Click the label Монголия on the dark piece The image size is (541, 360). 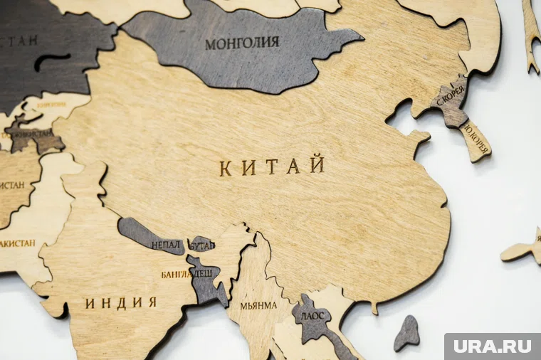pyautogui.click(x=242, y=43)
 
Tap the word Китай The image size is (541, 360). pyautogui.click(x=272, y=167)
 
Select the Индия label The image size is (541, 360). pyautogui.click(x=121, y=303)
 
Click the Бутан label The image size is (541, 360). pyautogui.click(x=201, y=245)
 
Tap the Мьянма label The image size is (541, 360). pyautogui.click(x=258, y=306)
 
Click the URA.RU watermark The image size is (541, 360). pyautogui.click(x=492, y=346)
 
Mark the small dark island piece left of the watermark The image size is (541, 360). pyautogui.click(x=406, y=333)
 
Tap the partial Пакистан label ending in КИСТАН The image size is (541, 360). pyautogui.click(x=16, y=243)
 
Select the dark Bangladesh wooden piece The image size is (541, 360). pyautogui.click(x=205, y=281)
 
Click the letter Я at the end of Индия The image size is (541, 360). pyautogui.click(x=152, y=302)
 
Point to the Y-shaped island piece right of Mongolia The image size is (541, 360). pyautogui.click(x=531, y=32)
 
